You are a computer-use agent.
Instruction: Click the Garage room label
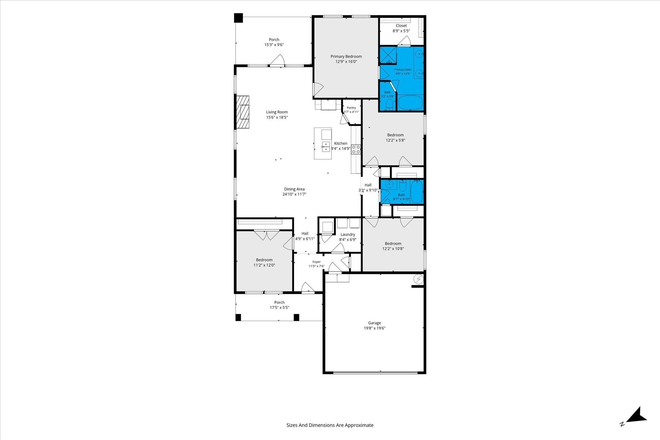coord(374,323)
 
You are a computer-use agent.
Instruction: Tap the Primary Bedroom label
coord(346,56)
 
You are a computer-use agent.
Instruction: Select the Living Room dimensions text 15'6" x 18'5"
coord(277,117)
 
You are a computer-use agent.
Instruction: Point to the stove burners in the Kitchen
coord(356,149)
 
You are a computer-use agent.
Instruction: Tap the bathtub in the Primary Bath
coord(410,102)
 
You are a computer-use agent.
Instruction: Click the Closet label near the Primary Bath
coord(401,25)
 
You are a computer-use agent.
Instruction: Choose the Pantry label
coord(351,108)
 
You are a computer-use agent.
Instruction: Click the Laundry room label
coord(348,234)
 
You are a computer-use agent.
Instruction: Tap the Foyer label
coord(316,262)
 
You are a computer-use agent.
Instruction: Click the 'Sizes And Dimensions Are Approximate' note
coord(330,425)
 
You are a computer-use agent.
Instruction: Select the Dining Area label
coord(294,189)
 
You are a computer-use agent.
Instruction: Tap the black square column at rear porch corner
coord(238,18)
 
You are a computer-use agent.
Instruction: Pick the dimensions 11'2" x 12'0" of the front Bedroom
coord(264,265)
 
